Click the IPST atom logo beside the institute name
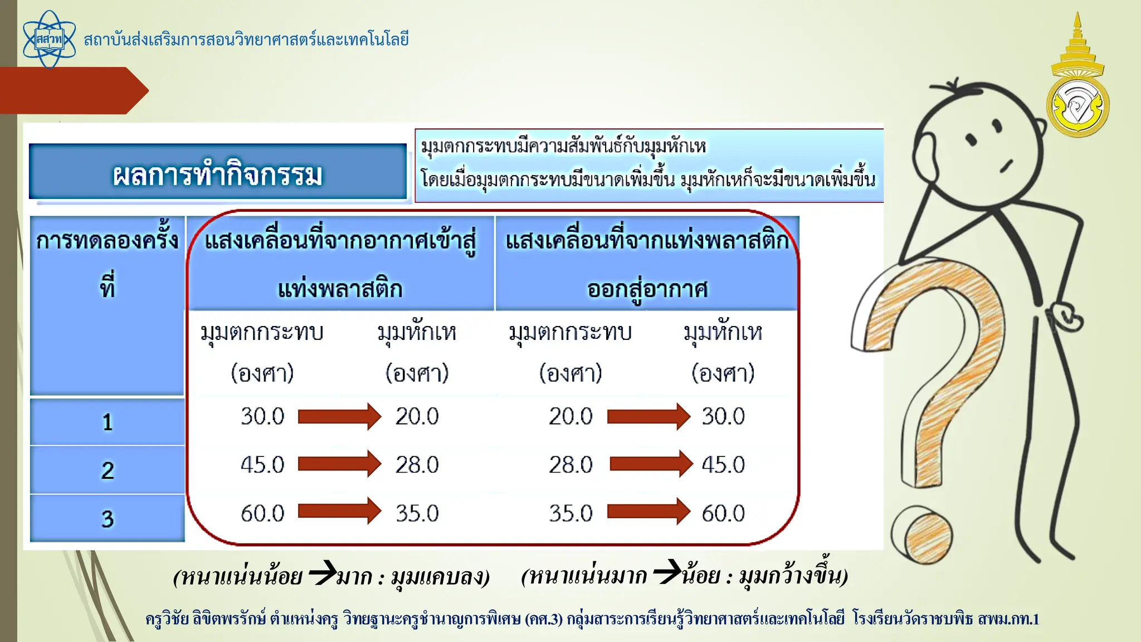49,40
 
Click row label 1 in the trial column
108,422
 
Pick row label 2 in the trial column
108,470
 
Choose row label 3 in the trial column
108,519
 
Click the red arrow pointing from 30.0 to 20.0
339,416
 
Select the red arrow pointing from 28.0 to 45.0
650,464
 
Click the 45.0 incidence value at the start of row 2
262,465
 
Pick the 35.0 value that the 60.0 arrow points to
417,513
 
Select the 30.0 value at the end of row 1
723,416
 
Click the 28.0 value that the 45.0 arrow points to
417,465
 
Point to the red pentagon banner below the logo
72,90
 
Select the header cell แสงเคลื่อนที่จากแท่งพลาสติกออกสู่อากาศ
647,263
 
